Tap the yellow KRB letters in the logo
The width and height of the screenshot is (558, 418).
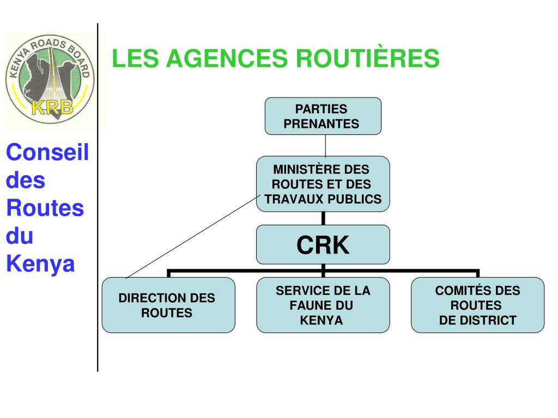click(52, 107)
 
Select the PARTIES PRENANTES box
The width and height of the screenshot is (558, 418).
click(323, 116)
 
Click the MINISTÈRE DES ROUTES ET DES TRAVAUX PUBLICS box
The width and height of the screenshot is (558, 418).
click(323, 184)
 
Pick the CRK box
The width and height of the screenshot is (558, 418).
click(323, 245)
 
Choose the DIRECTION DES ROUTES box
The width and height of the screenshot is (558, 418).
click(168, 305)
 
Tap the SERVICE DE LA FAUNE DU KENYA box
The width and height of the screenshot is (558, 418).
click(323, 305)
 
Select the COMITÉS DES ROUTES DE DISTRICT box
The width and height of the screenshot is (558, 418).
click(477, 305)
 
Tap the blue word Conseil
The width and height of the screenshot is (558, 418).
click(47, 152)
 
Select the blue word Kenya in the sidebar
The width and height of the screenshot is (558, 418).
click(40, 265)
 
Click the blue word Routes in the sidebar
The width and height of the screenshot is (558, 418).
click(45, 208)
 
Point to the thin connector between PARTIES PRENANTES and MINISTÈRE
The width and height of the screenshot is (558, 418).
click(325, 145)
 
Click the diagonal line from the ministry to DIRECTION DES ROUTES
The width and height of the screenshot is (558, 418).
click(191, 237)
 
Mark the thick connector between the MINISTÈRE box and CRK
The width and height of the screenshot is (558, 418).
click(323, 218)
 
